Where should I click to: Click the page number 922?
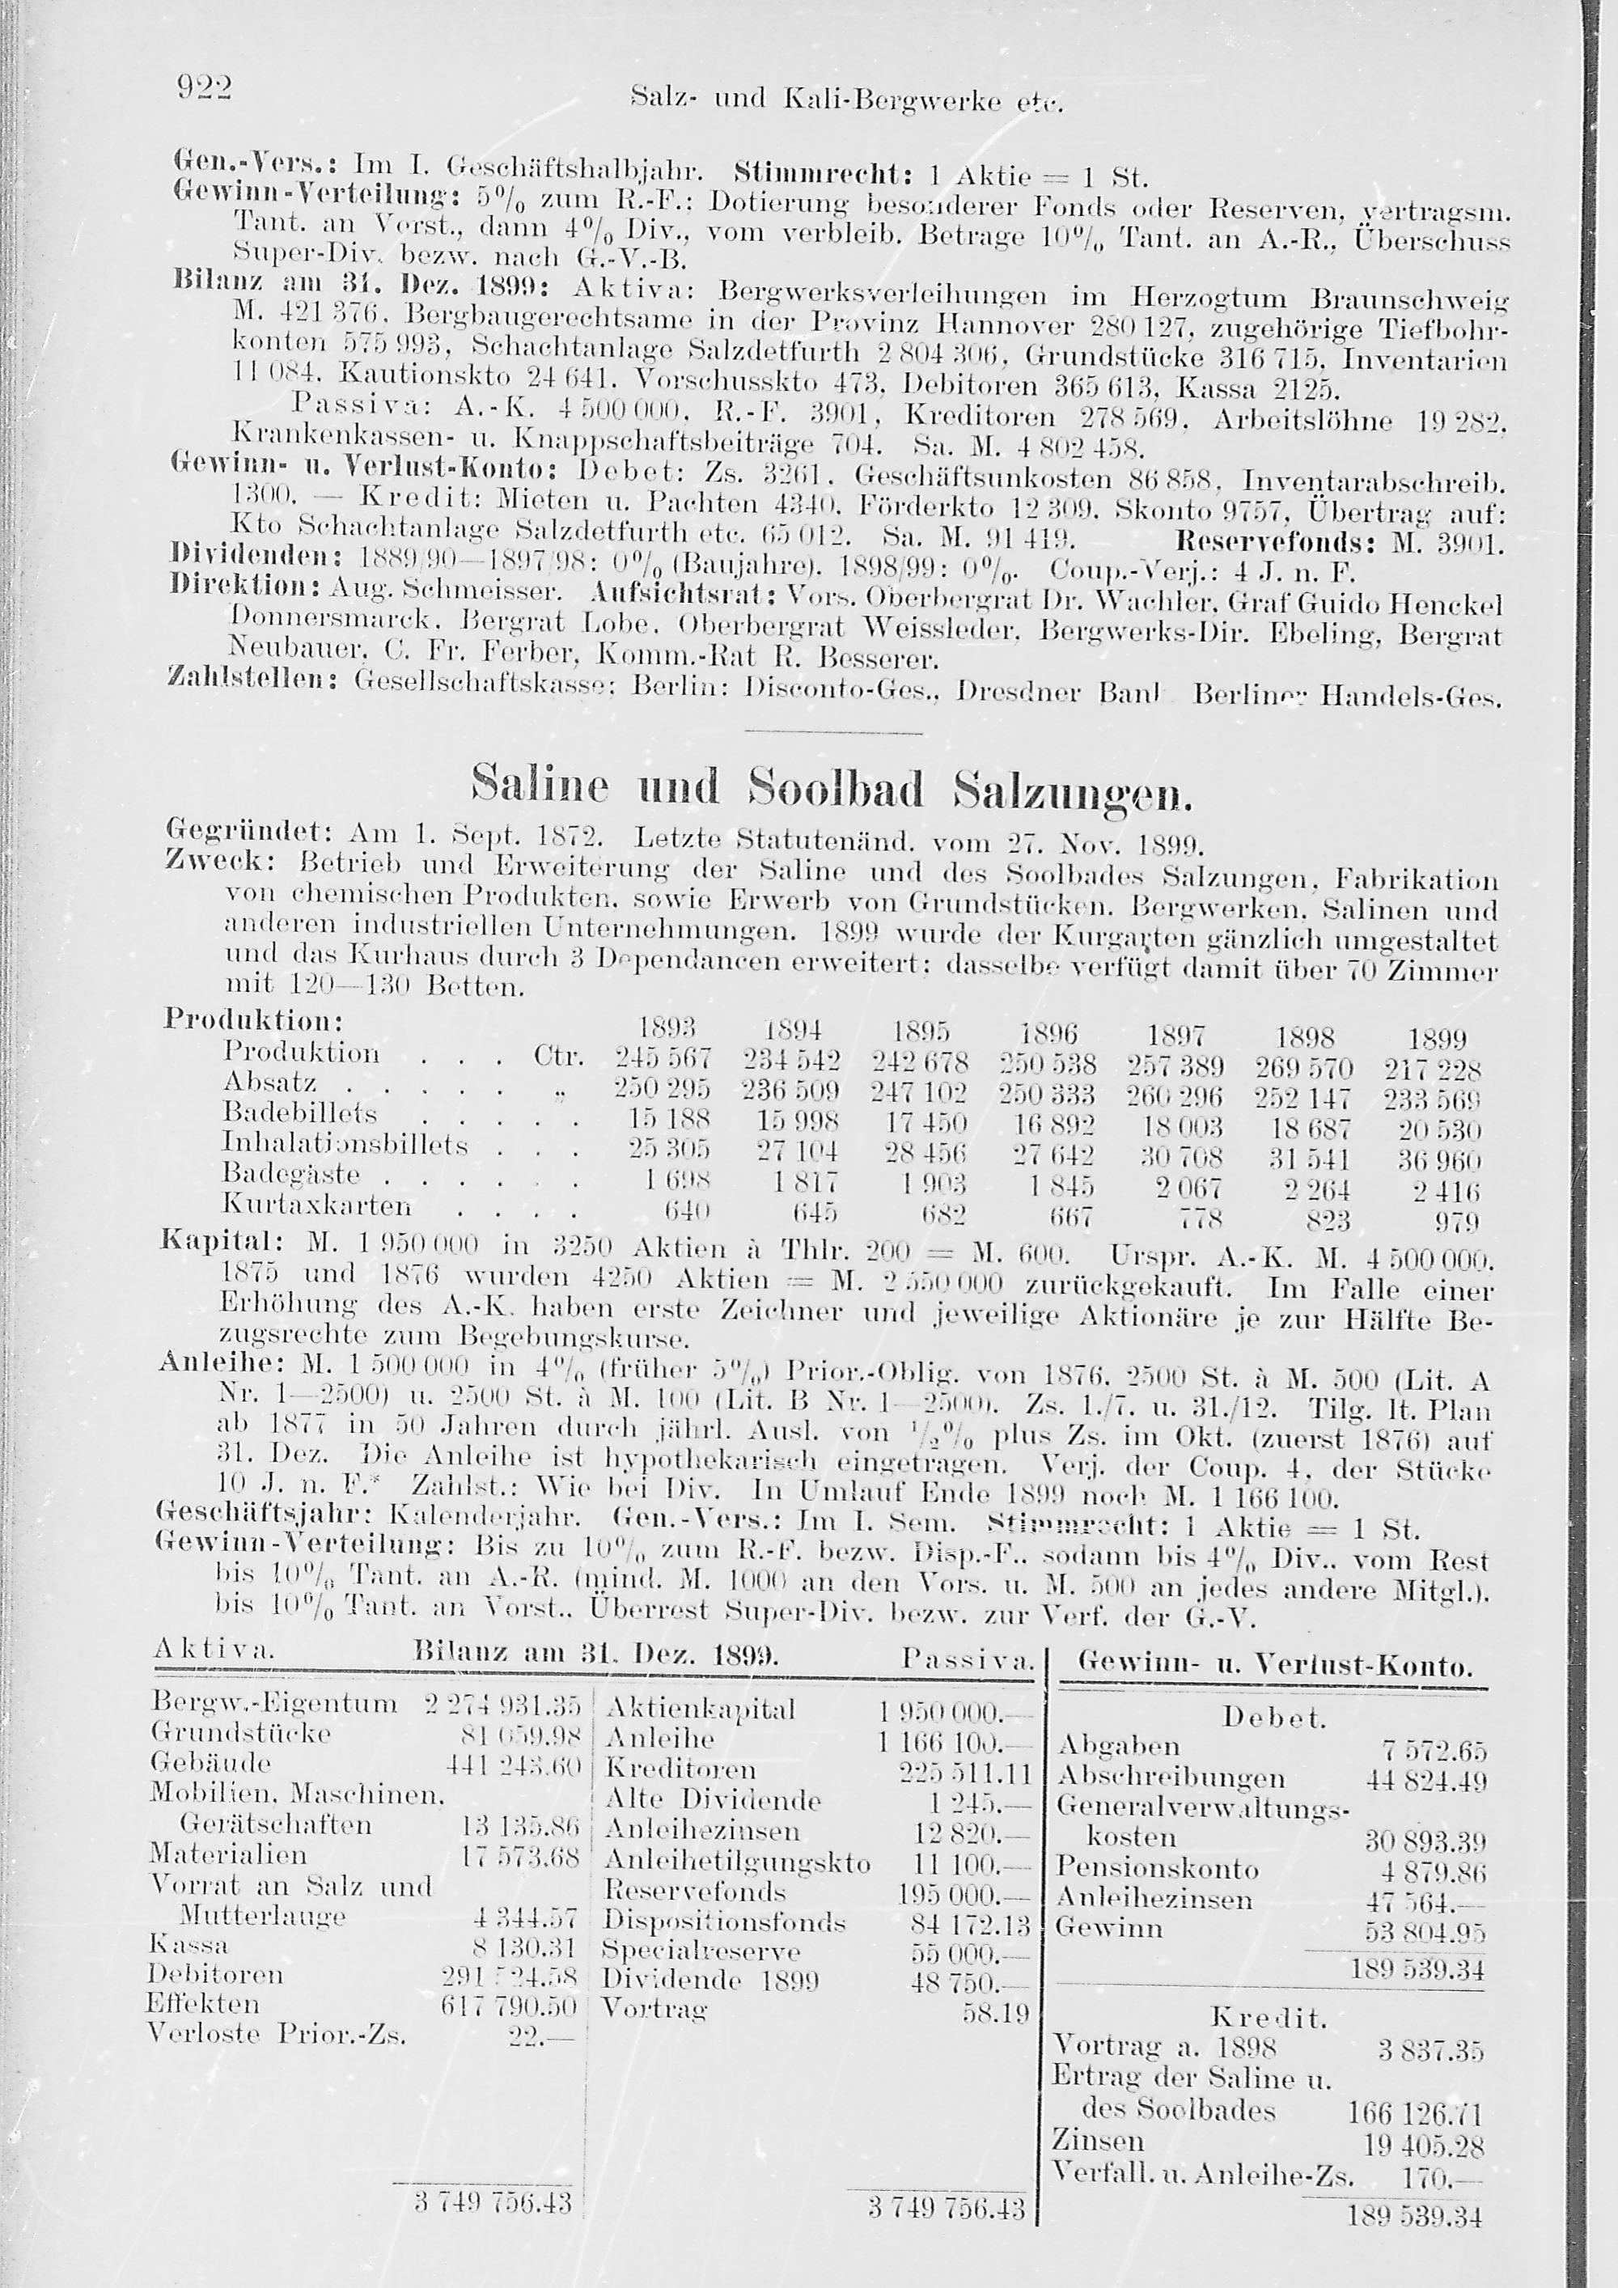pos(203,90)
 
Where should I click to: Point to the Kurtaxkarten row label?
pos(317,1205)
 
